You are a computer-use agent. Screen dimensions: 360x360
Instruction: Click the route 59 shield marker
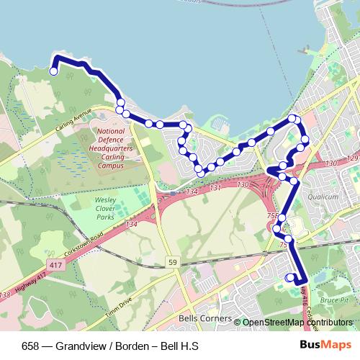(x=171, y=261)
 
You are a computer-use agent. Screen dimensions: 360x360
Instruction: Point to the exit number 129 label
(x=351, y=158)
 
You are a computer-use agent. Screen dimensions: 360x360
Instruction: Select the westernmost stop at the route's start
(x=53, y=71)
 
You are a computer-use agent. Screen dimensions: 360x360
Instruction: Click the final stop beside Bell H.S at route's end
(x=289, y=277)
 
